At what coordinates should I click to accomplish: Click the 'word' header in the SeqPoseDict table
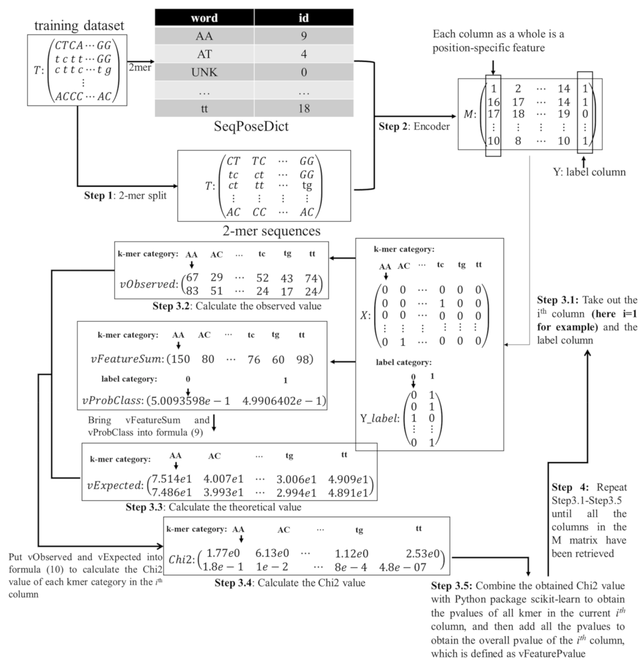tap(204, 18)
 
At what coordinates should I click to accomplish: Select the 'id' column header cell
tap(303, 18)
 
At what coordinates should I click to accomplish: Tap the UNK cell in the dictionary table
tap(204, 72)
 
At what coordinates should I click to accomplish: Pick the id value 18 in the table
tap(304, 108)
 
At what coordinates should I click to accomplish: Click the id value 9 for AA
tap(304, 36)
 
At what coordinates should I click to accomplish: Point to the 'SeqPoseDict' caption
tap(251, 126)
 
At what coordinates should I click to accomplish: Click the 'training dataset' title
tap(79, 25)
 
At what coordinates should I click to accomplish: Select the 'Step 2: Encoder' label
tap(414, 126)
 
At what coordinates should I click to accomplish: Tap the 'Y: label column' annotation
tap(589, 172)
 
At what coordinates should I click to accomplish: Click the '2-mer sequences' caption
tap(271, 231)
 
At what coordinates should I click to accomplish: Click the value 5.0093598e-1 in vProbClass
tap(188, 401)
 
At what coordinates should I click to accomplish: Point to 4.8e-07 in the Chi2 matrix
tap(402, 567)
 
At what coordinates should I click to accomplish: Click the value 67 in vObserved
tap(192, 277)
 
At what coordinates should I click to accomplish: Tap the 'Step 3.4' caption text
tap(290, 583)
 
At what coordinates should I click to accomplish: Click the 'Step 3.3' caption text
tap(213, 507)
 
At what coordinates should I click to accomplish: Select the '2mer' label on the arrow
tap(140, 67)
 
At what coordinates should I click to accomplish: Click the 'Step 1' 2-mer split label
tap(125, 195)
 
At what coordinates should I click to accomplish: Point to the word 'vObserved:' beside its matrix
tap(149, 284)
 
